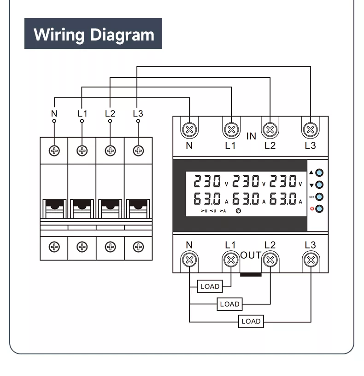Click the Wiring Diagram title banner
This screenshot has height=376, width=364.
[x=93, y=34]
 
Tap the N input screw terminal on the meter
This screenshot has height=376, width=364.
[x=189, y=129]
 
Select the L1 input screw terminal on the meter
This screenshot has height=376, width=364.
[x=230, y=129]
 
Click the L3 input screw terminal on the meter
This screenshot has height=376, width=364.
[x=311, y=129]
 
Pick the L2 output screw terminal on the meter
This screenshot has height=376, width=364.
[x=270, y=260]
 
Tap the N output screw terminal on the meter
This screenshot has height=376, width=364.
[x=189, y=260]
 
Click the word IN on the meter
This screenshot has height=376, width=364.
[x=251, y=136]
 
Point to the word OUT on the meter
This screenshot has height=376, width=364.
[x=251, y=255]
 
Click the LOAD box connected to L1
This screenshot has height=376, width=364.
[x=210, y=286]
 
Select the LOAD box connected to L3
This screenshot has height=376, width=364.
[x=251, y=321]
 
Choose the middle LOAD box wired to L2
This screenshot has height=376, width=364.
[x=229, y=304]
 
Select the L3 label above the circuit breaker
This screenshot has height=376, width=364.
[x=138, y=113]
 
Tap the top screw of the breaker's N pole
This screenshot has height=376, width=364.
[x=54, y=150]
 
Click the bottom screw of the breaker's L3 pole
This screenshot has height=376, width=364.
[x=138, y=247]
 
